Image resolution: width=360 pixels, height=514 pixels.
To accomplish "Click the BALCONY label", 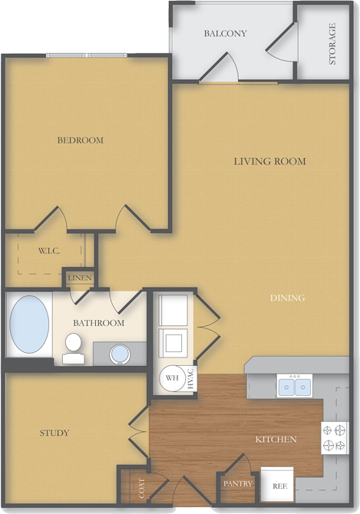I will [225, 34].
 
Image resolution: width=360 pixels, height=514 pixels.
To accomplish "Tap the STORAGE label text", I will [332, 44].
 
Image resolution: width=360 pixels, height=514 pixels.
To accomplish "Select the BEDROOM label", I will [81, 140].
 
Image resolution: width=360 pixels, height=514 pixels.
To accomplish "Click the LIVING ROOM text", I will [270, 161].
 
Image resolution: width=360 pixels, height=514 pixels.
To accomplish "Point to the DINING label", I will [288, 298].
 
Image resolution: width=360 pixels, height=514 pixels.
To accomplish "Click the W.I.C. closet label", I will [49, 252].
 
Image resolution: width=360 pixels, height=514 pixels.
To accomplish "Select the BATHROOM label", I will [99, 323].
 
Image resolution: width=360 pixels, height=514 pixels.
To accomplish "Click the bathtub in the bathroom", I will [29, 325].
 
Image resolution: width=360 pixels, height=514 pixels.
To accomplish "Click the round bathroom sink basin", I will [121, 354].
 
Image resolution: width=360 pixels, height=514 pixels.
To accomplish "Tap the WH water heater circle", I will [171, 377].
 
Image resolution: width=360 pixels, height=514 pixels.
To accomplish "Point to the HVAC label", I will [190, 379].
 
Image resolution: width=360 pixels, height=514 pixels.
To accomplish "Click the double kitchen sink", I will [295, 387].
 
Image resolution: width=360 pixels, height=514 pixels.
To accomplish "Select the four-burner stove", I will [335, 438].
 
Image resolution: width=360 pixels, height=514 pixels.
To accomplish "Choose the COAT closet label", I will [141, 488].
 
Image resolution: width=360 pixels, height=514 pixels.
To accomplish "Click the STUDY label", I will [54, 433].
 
